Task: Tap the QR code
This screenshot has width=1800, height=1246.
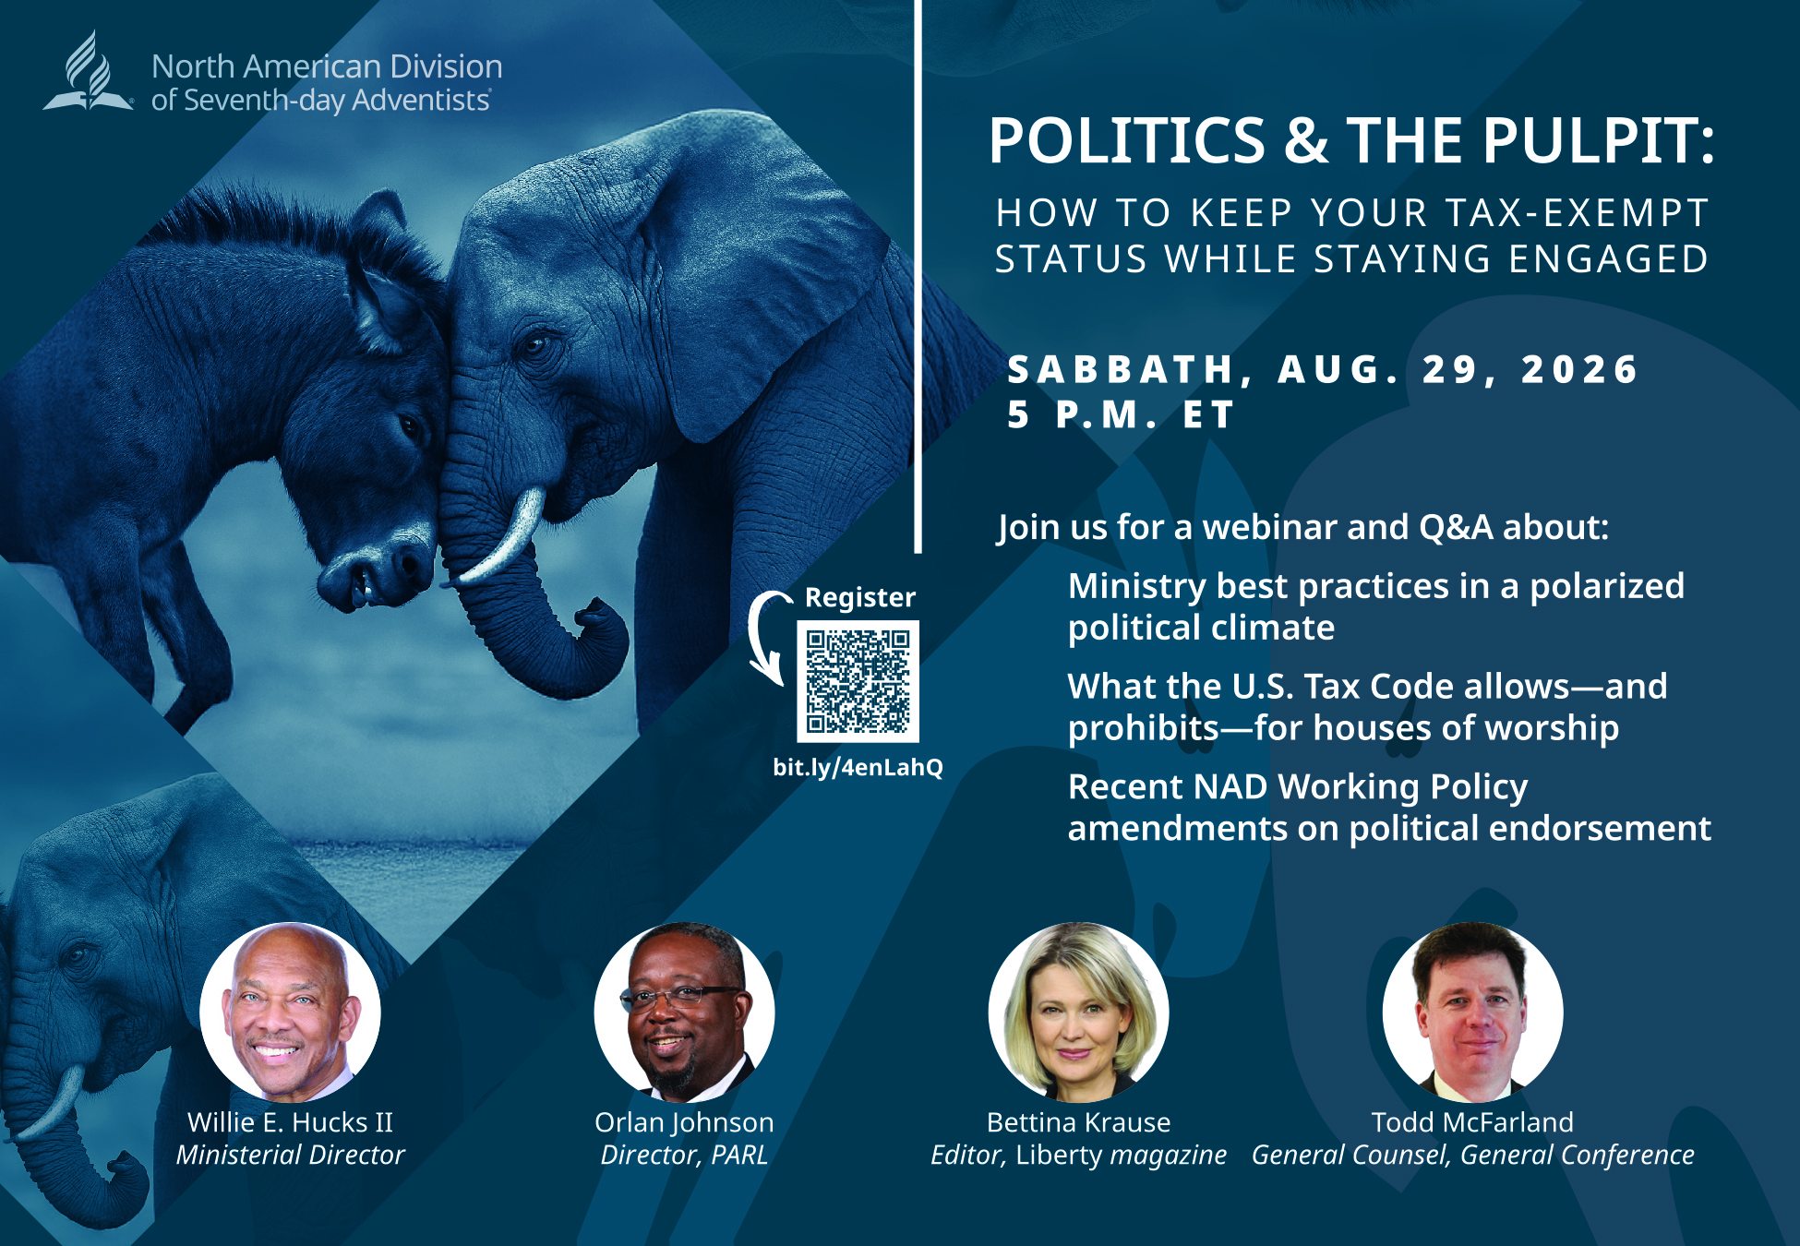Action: pos(858,681)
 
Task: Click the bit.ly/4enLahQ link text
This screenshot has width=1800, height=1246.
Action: pos(858,767)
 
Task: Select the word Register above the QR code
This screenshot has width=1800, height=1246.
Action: pos(860,598)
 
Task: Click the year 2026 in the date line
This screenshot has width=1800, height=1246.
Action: pos(1579,369)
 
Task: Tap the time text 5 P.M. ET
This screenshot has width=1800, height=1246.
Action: pos(1121,414)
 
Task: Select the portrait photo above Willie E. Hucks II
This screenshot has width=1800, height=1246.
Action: pos(290,1012)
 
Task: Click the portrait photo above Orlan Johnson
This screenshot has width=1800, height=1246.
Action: pos(684,1012)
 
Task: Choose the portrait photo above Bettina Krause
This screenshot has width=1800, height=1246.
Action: pos(1078,1012)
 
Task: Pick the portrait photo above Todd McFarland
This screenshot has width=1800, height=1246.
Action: pos(1472,1012)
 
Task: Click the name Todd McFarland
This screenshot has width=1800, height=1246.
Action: pos(1472,1122)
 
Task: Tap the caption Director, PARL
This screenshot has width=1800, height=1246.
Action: pos(684,1156)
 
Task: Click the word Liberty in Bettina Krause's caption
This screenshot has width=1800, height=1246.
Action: pos(1059,1156)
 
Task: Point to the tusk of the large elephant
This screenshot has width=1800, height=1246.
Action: pos(503,538)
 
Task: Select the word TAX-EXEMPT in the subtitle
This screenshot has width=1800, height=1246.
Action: pos(1578,213)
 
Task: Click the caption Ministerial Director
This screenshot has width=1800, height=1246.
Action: pos(291,1156)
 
